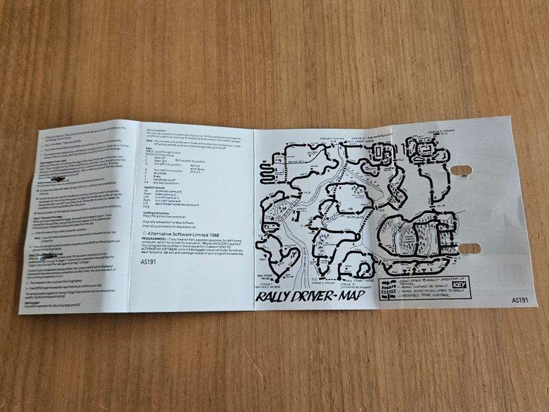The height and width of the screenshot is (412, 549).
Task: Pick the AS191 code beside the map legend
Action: tap(520, 300)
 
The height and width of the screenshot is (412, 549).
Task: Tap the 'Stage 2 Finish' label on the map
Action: tap(323, 283)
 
